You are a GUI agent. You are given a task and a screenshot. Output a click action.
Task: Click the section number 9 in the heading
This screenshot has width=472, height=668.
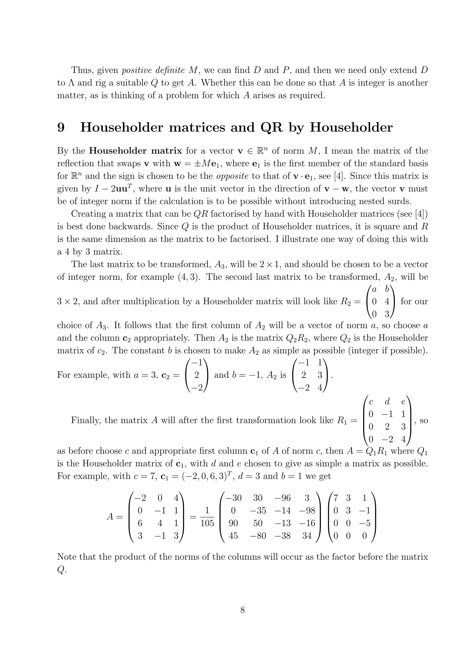[x=61, y=127]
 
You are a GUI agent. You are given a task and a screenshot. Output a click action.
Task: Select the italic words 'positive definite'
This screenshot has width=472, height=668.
[x=153, y=70]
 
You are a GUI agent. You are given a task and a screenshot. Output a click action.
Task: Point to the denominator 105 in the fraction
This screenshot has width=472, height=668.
[x=207, y=523]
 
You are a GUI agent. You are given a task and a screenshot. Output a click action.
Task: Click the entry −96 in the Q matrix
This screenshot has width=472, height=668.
[x=283, y=498]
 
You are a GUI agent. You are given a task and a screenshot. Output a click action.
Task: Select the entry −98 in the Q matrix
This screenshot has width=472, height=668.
[x=307, y=511]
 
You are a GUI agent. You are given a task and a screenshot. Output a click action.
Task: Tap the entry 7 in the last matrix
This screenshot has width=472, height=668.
[x=336, y=498]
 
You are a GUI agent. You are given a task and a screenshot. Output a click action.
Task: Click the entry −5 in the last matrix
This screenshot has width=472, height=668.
[x=364, y=523]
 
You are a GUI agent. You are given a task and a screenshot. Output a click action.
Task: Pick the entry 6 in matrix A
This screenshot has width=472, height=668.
[x=140, y=523]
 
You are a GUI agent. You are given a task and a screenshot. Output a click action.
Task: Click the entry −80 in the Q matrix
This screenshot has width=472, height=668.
[x=258, y=536]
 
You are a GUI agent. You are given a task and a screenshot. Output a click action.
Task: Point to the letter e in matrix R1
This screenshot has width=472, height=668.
[x=403, y=402]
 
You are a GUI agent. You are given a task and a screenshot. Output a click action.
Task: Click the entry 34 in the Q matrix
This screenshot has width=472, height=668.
[x=307, y=536]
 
